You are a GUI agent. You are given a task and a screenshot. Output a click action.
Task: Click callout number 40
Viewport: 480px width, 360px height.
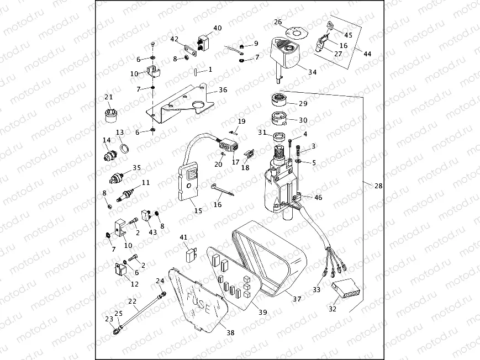(x=217, y=28)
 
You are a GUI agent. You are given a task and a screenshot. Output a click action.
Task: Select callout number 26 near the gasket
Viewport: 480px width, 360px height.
(x=278, y=23)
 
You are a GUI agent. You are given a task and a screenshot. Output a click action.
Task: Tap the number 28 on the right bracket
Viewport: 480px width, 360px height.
(x=378, y=186)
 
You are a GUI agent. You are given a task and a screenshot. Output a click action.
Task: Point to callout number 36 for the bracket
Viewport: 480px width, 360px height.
(x=223, y=90)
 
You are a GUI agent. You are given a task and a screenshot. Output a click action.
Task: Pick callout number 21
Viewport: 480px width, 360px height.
(x=109, y=98)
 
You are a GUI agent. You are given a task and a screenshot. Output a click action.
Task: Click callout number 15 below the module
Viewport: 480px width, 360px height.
(x=198, y=210)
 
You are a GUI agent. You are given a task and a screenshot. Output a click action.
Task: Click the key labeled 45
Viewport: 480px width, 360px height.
(x=331, y=25)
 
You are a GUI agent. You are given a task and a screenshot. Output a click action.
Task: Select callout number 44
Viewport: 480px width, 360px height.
(x=367, y=53)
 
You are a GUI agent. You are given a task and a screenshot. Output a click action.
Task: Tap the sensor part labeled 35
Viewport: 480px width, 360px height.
(x=116, y=178)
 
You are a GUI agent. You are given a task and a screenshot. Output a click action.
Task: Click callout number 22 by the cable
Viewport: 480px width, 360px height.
(x=133, y=301)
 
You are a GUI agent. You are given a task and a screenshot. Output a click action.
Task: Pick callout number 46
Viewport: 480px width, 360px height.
(x=318, y=197)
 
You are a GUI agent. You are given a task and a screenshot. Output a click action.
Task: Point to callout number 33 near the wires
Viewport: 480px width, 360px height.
(x=317, y=289)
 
